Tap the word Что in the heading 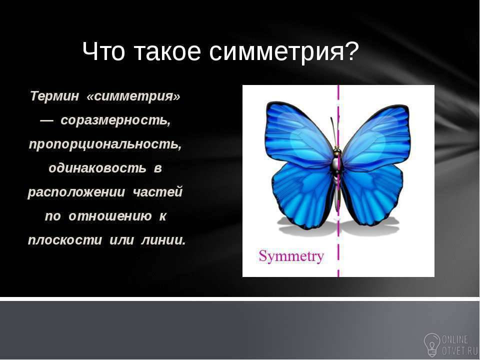tap(104, 51)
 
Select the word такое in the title tap(167, 51)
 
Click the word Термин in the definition tap(54, 96)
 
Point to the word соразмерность tap(115, 120)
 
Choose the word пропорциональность tap(105, 144)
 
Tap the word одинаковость tap(97, 168)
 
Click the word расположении tap(76, 192)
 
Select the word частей tap(158, 192)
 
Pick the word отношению tap(110, 216)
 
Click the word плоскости tap(65, 240)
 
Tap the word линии tap(163, 240)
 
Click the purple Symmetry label tap(291, 256)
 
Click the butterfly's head tap(337, 151)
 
